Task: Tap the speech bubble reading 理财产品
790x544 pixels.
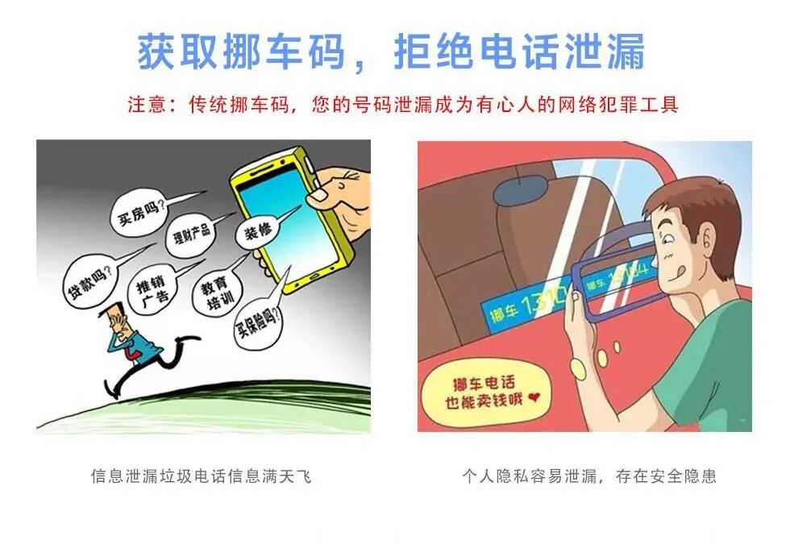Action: (x=190, y=235)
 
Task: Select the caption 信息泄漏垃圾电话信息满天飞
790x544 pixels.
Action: (x=201, y=476)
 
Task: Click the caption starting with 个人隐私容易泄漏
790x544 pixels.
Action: (x=588, y=476)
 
